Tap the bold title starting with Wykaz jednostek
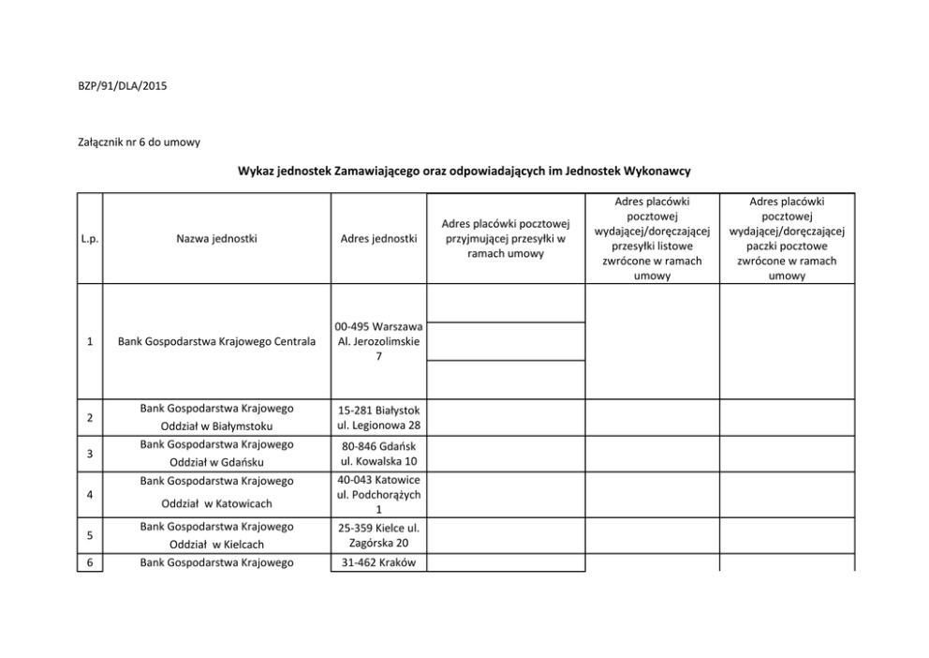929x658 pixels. pyautogui.click(x=464, y=172)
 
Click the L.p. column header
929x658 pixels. pyautogui.click(x=90, y=238)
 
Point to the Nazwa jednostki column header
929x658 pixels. pyautogui.click(x=216, y=238)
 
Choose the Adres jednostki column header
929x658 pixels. pyautogui.click(x=378, y=238)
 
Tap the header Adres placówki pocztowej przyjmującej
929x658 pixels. pyautogui.click(x=506, y=238)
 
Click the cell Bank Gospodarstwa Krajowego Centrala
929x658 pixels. pyautogui.click(x=216, y=342)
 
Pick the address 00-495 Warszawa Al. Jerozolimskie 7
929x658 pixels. pyautogui.click(x=378, y=342)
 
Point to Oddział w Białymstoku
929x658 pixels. pyautogui.click(x=216, y=426)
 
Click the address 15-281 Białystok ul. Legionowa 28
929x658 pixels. pyautogui.click(x=378, y=418)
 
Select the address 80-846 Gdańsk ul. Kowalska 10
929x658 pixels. pyautogui.click(x=378, y=454)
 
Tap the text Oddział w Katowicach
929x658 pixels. pyautogui.click(x=216, y=503)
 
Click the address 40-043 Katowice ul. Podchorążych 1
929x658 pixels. pyautogui.click(x=378, y=494)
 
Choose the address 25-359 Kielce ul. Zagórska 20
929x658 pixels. pyautogui.click(x=378, y=535)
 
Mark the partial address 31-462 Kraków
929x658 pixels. pyautogui.click(x=378, y=562)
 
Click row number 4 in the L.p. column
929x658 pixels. pyautogui.click(x=89, y=494)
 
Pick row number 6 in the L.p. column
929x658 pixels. pyautogui.click(x=89, y=562)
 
